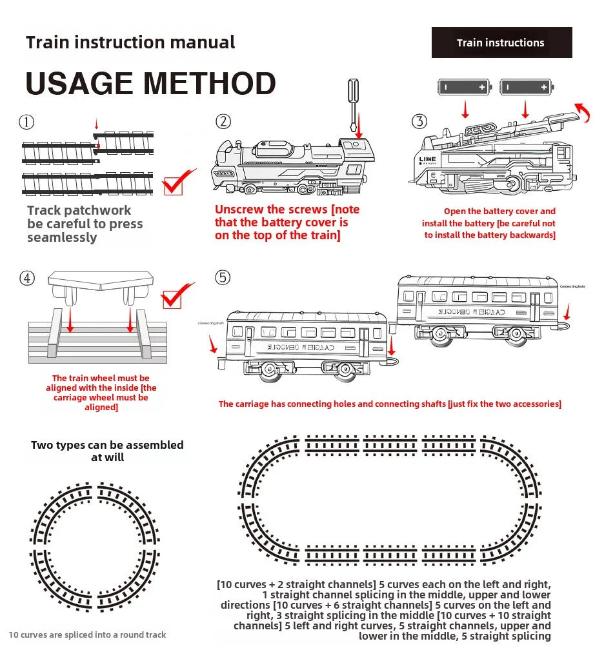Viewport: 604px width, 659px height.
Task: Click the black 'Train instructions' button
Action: pyautogui.click(x=501, y=43)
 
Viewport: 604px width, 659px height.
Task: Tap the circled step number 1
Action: pyautogui.click(x=26, y=121)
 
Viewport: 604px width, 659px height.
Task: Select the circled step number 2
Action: pyautogui.click(x=223, y=121)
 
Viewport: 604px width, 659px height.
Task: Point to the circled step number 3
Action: pyautogui.click(x=419, y=121)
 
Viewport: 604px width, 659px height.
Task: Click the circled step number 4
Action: pyautogui.click(x=26, y=278)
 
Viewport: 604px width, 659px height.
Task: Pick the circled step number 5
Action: pyautogui.click(x=223, y=277)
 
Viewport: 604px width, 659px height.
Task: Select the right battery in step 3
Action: pyautogui.click(x=527, y=86)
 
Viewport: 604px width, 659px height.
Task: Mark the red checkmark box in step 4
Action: pyautogui.click(x=174, y=298)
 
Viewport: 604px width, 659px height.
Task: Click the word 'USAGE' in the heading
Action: pyautogui.click(x=78, y=84)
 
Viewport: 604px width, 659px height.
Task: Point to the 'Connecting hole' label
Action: pyautogui.click(x=572, y=286)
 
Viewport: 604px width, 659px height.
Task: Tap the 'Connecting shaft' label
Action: pyautogui.click(x=210, y=323)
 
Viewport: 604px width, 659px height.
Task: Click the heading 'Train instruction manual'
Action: pyautogui.click(x=130, y=43)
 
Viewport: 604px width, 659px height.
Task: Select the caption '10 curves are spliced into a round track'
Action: pyautogui.click(x=87, y=635)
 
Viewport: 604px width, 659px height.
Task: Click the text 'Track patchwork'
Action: pyautogui.click(x=79, y=210)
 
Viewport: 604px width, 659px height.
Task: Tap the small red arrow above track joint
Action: pyautogui.click(x=96, y=124)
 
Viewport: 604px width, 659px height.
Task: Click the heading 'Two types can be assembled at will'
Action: pyautogui.click(x=107, y=451)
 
